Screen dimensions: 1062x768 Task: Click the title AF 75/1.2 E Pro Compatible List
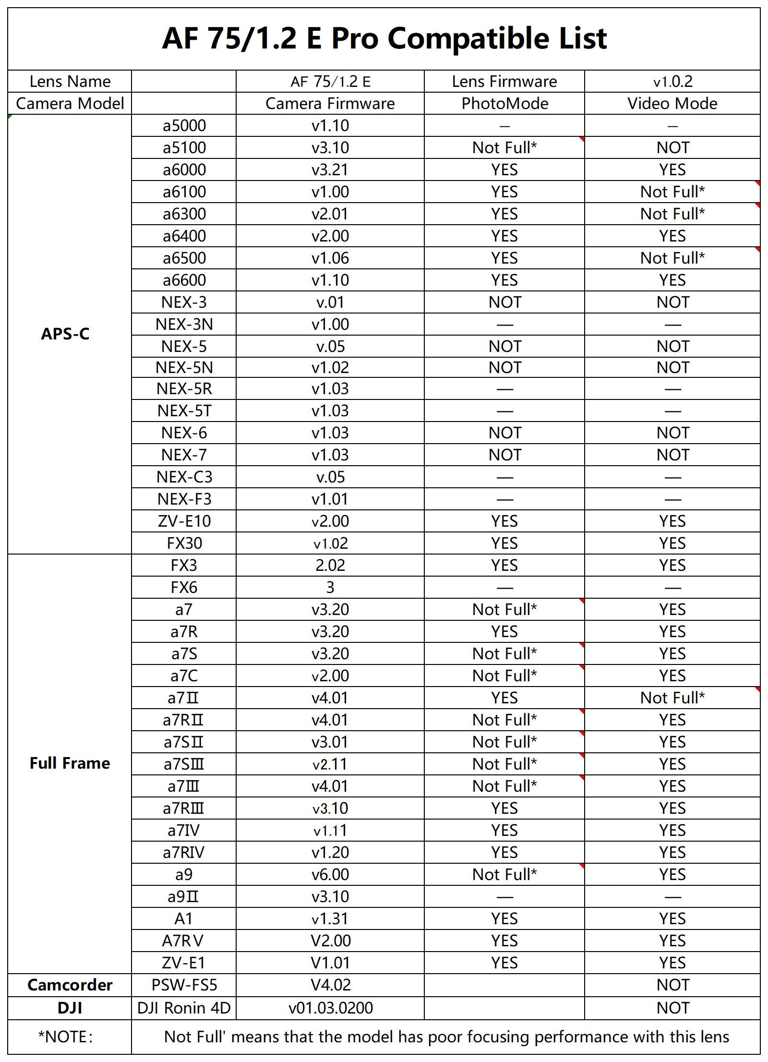coord(384,38)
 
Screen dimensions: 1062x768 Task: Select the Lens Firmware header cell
coord(504,82)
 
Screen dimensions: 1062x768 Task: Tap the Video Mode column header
coord(672,104)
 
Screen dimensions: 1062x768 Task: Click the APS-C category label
coord(65,334)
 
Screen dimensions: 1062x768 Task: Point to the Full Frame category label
coord(70,763)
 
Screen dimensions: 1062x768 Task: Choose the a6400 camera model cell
coord(184,236)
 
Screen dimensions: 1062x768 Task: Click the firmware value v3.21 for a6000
coord(330,170)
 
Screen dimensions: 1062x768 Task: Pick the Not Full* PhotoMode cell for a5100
coord(504,148)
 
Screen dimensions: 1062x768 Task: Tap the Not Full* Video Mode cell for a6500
coord(672,258)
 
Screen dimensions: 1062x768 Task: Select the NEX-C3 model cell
coord(184,477)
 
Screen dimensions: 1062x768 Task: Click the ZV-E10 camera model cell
coord(184,521)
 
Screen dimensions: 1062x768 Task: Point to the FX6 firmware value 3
coord(330,588)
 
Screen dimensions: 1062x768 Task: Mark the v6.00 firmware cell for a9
coord(330,875)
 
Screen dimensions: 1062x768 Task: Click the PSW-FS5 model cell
coord(184,985)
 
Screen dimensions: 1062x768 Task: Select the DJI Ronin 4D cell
coord(184,1008)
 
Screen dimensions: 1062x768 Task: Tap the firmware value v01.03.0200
coord(330,1008)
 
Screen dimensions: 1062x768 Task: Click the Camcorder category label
coord(70,985)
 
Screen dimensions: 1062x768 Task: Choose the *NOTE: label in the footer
coord(65,1037)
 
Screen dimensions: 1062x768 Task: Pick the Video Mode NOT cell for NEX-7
coord(672,455)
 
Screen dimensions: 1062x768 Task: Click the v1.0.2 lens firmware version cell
coord(672,82)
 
